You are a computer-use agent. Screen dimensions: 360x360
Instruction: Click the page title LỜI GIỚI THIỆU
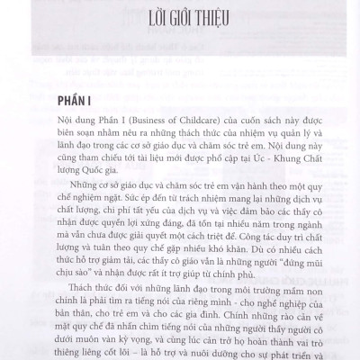(180, 19)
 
